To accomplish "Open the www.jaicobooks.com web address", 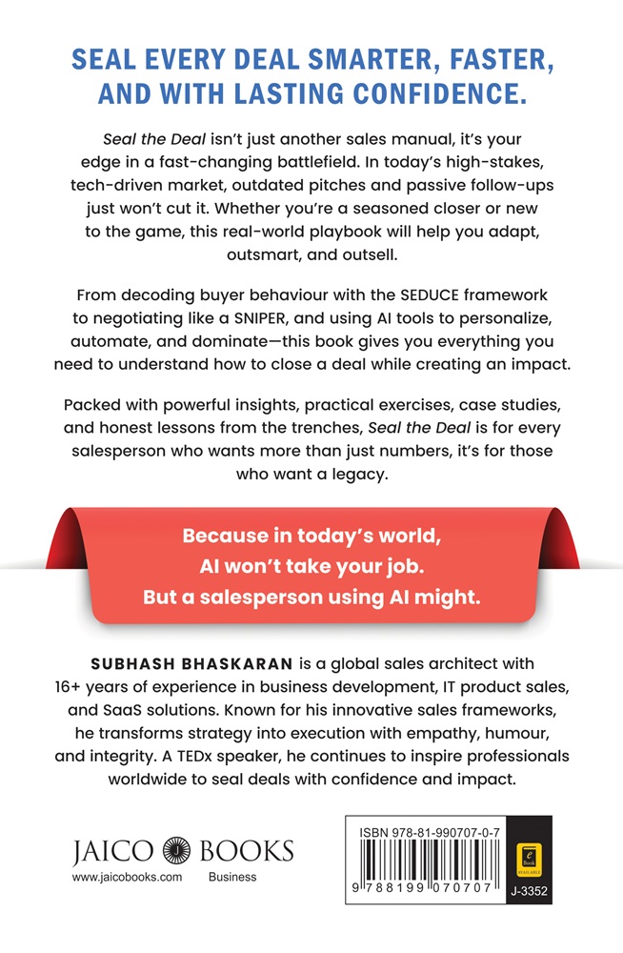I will [x=127, y=877].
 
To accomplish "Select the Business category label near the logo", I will [x=232, y=877].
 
